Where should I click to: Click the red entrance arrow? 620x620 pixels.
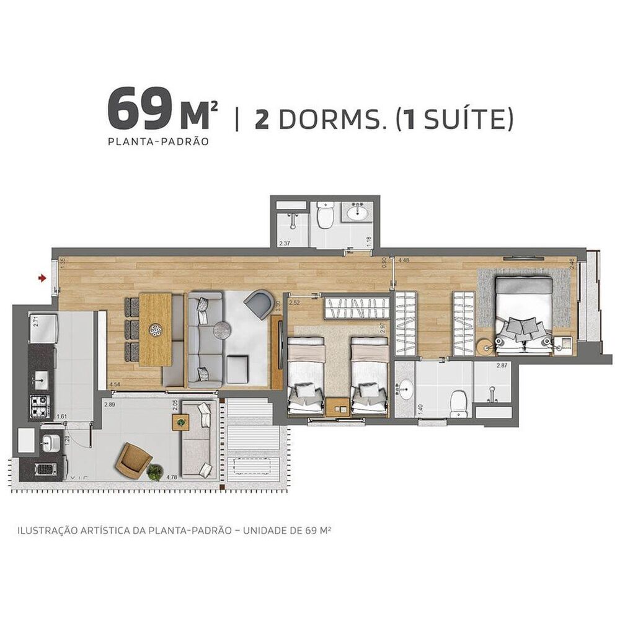pos(42,278)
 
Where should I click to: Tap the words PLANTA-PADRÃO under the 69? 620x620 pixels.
pos(157,141)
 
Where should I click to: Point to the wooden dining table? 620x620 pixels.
pos(155,329)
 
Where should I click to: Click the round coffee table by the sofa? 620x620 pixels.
pos(222,330)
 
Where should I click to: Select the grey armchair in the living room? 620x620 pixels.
pos(258,304)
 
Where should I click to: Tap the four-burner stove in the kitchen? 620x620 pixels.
pos(40,406)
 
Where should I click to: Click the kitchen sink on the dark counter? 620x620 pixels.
pos(42,378)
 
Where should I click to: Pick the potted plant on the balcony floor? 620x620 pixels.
pos(155,472)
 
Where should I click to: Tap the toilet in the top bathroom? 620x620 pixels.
pos(325,217)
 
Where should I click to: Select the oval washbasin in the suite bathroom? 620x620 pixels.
pos(405,389)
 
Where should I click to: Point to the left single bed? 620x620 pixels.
pos(306,375)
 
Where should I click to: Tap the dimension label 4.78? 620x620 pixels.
pos(172,477)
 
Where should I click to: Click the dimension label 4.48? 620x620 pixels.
pos(404,260)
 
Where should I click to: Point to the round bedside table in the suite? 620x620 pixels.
pos(485,345)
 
